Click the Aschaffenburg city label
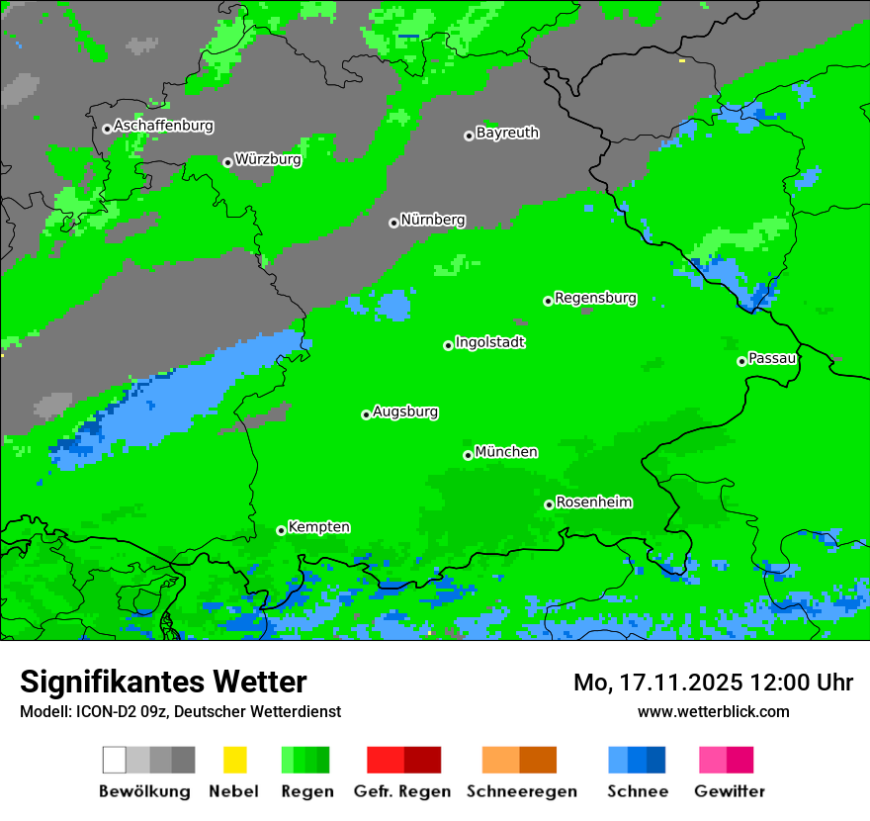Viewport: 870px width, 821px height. tap(163, 127)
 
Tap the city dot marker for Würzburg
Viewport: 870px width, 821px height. tap(227, 162)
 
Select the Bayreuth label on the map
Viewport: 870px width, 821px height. tap(507, 133)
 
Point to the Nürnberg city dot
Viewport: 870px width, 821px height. tap(393, 223)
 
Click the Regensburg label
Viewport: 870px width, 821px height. tap(595, 298)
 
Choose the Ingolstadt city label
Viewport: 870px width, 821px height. tap(489, 342)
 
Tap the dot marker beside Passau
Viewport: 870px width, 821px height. tap(741, 361)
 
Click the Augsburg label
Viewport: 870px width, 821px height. tap(405, 411)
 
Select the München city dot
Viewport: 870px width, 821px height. tap(468, 455)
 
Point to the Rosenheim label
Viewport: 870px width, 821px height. tap(593, 502)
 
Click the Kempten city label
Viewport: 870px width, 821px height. tap(318, 527)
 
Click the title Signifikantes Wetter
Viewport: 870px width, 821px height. tap(163, 683)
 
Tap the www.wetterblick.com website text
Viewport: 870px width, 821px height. tap(713, 712)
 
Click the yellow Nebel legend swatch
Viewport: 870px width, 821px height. tap(234, 760)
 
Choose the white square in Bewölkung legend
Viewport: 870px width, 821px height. tap(115, 760)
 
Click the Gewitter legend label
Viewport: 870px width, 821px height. tap(730, 791)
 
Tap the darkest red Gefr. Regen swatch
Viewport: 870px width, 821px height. tap(422, 760)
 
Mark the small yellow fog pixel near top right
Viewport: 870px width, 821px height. tap(681, 60)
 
